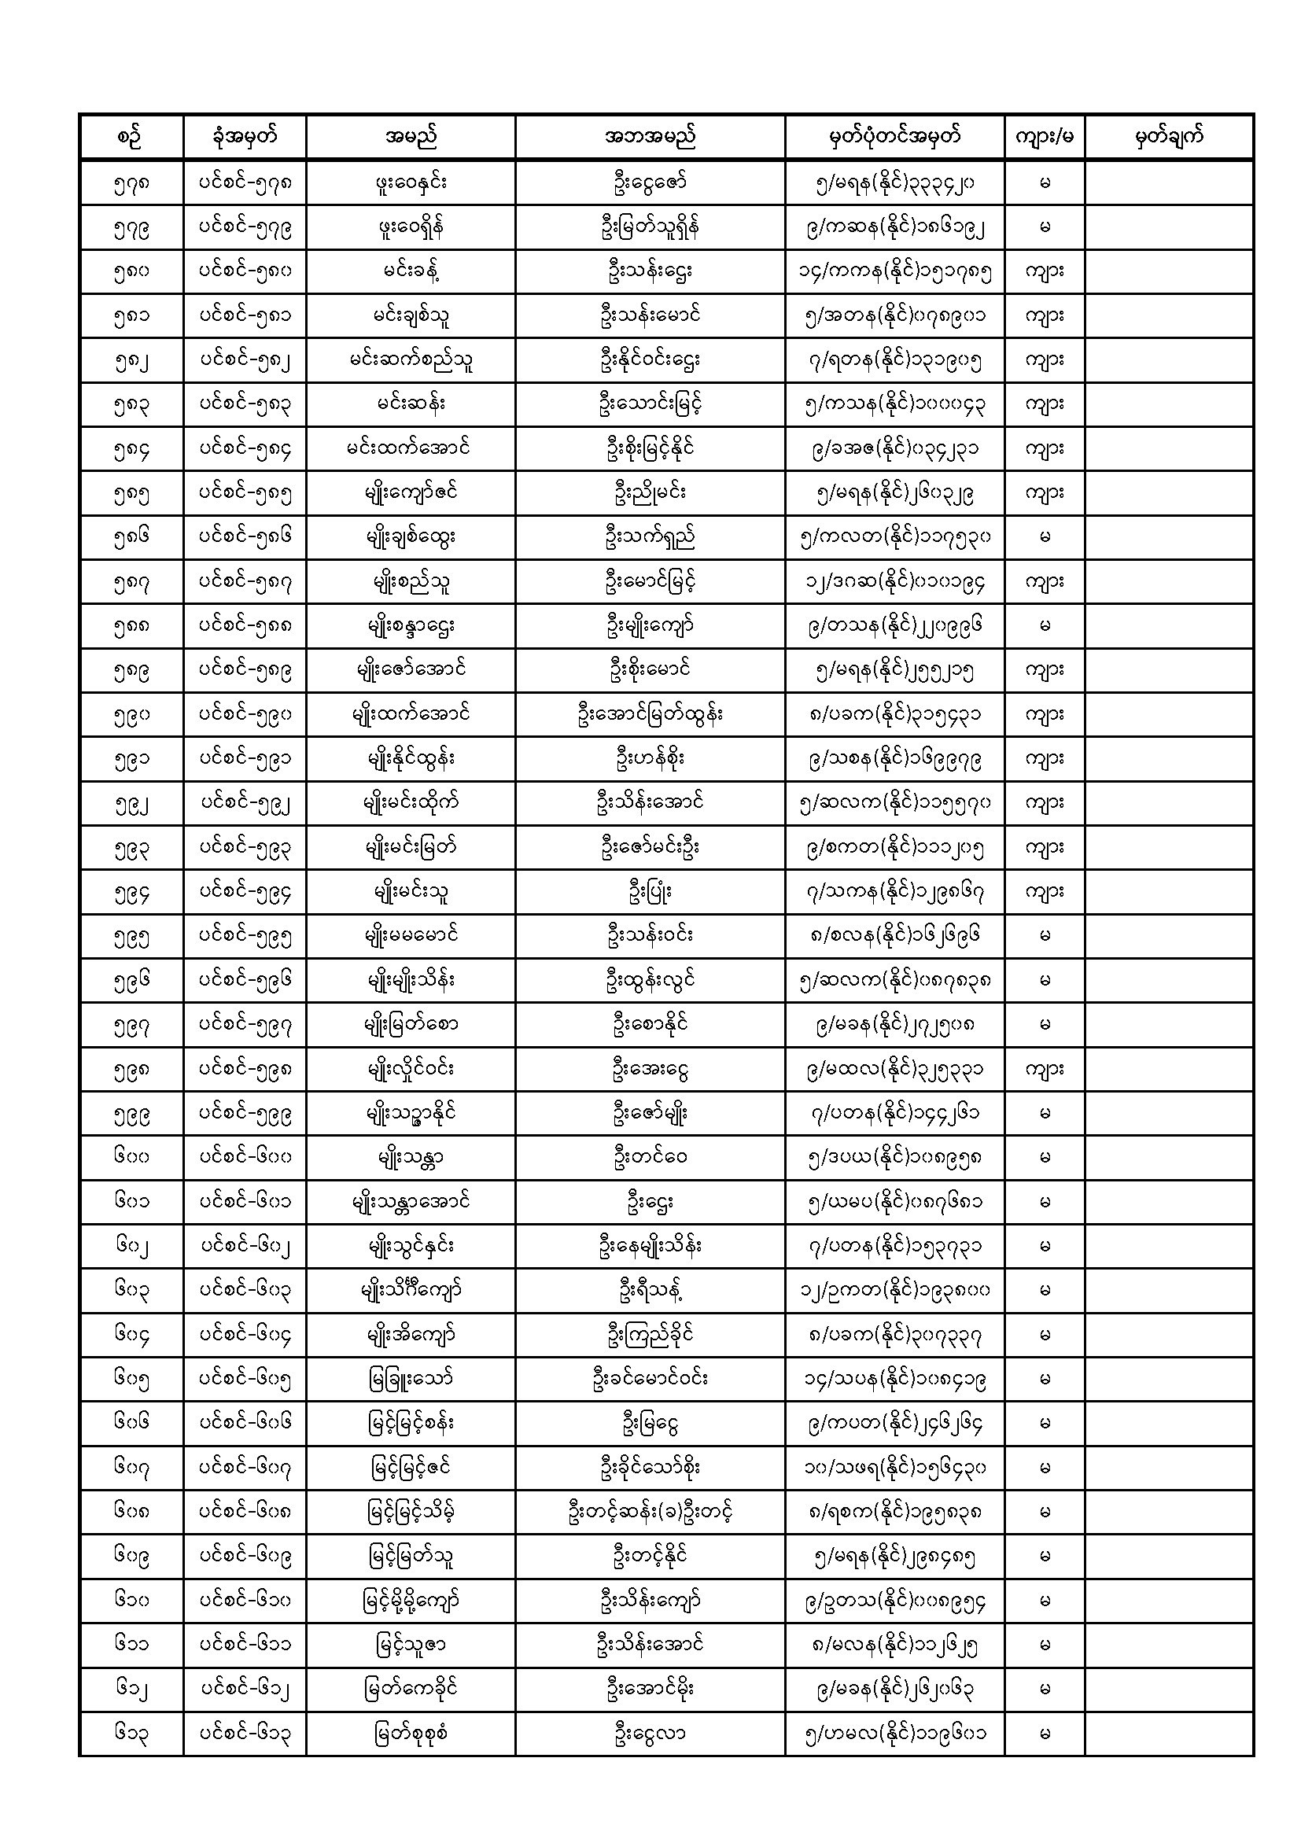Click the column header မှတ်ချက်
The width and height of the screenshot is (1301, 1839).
1169,137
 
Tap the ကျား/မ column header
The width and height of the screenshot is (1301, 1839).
1044,137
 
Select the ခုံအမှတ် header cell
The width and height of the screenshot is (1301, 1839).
245,137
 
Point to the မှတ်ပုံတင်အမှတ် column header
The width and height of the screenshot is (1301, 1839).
894,137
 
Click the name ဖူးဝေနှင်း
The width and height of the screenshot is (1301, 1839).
410,183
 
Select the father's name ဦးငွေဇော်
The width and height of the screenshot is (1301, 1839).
649,183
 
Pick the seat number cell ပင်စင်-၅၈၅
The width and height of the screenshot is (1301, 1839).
245,493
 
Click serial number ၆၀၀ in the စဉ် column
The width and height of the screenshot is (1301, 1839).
131,1157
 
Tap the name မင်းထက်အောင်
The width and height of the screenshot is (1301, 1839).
410,449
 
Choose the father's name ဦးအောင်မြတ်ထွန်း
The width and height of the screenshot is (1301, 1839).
649,714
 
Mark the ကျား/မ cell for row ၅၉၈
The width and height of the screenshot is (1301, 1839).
1044,1069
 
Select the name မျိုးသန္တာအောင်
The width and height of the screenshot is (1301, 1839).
410,1202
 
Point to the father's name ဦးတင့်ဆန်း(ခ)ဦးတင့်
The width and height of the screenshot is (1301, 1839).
649,1513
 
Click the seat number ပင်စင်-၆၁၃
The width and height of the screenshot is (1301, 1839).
245,1734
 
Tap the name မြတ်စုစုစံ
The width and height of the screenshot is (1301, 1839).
410,1734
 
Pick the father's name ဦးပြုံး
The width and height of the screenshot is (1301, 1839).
649,891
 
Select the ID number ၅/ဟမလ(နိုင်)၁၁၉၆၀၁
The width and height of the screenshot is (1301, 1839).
894,1734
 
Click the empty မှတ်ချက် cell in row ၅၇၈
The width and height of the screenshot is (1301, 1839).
1169,183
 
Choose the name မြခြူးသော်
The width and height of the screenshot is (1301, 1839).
410,1380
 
